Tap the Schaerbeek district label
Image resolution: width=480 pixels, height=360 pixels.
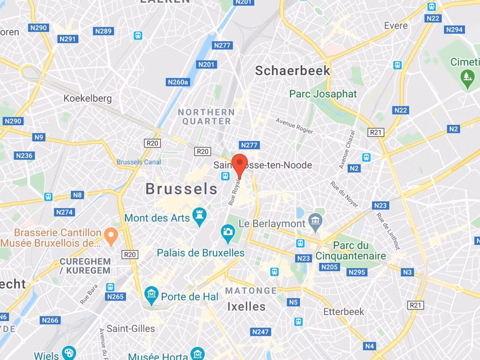(x=292, y=71)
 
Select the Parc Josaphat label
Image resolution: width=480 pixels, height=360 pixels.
(x=323, y=94)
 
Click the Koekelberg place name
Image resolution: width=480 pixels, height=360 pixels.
(x=88, y=98)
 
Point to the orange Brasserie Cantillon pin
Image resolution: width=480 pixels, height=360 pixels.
(x=111, y=236)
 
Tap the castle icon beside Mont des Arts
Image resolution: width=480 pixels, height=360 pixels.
(x=200, y=217)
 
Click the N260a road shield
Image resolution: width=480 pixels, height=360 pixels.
(x=178, y=82)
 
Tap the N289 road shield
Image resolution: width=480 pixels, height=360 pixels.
(x=104, y=31)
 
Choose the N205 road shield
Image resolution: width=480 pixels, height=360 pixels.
(x=330, y=267)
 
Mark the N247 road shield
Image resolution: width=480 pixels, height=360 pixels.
(x=261, y=332)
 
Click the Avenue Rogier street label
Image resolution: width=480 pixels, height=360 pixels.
(x=294, y=126)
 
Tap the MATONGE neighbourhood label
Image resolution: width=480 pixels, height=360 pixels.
(x=251, y=291)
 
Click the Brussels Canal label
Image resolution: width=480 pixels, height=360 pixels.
(x=139, y=162)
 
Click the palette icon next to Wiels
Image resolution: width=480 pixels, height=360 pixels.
(x=69, y=353)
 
